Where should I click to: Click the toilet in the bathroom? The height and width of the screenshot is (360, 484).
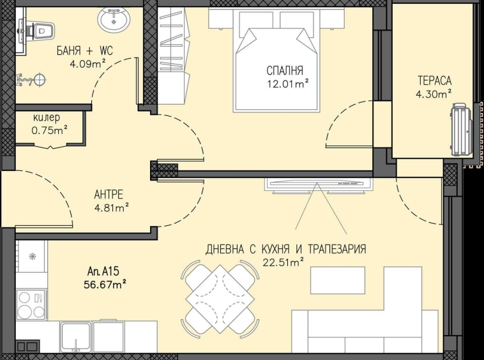(x=40, y=29)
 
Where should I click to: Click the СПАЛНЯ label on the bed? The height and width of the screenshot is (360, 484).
(x=285, y=70)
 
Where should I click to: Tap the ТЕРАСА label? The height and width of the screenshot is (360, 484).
(x=435, y=80)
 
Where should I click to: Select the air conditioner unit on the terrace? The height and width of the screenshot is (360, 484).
(x=460, y=131)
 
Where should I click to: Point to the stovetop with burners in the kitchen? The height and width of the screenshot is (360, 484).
(x=30, y=305)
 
